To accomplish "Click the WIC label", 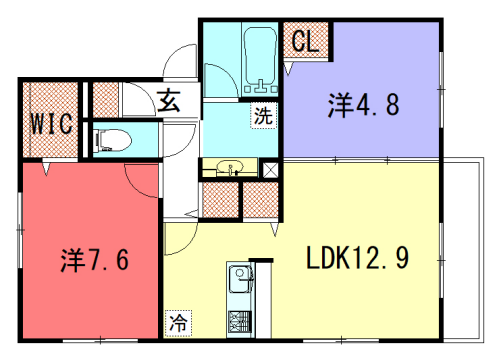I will tap(49, 124).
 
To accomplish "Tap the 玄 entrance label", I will tap(169, 101).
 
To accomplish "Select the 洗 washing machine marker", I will tap(262, 115).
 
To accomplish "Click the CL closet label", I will tap(305, 42).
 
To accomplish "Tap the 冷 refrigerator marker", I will tap(177, 322).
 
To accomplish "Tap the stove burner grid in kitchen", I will tap(241, 322).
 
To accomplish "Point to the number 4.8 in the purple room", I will tap(380, 104).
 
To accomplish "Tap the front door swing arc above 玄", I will tap(181, 60).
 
